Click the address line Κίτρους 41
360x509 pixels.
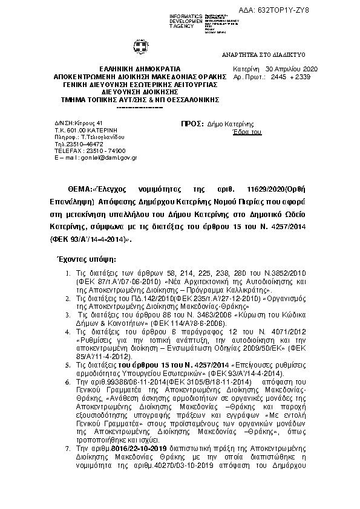point(74,123)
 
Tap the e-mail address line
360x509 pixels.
point(87,158)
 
